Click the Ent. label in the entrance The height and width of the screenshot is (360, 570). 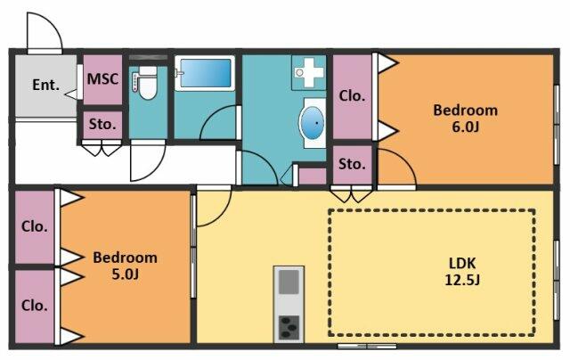point(45,85)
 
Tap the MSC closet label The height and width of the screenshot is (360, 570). point(103,79)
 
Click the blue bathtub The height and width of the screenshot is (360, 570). point(205,73)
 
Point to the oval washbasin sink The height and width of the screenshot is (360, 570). point(313,123)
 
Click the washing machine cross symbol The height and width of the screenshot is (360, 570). point(309,73)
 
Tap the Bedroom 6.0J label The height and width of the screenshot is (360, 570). point(465,119)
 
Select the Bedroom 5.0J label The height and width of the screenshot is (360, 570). point(125,266)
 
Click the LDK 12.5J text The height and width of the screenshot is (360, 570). point(462,271)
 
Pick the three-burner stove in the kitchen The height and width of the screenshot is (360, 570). point(289,326)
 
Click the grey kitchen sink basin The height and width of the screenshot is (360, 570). point(289,281)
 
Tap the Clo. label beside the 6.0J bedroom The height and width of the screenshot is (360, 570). point(352,96)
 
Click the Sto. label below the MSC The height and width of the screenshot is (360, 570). point(102,125)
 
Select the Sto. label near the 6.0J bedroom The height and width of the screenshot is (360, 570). point(352,164)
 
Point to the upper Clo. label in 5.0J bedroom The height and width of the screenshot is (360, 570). point(34,226)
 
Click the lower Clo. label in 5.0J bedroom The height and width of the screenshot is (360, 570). point(34,306)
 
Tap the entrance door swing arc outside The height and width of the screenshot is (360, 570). point(53,21)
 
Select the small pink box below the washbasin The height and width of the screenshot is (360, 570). point(313,176)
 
